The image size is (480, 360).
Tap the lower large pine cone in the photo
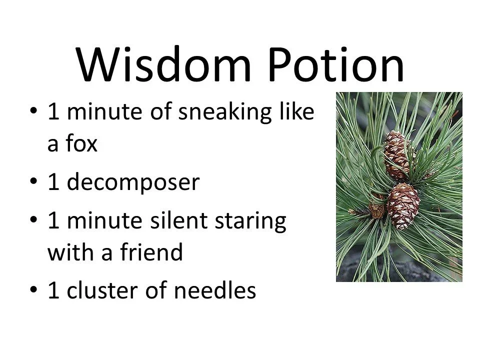403,205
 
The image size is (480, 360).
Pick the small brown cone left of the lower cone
376,209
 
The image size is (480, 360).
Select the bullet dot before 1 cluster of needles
33,291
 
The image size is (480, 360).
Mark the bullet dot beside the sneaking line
33,112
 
